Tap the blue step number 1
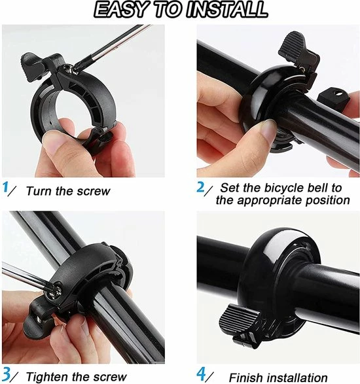[x=7, y=189]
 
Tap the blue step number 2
[x=202, y=188]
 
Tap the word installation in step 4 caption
[x=298, y=377]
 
